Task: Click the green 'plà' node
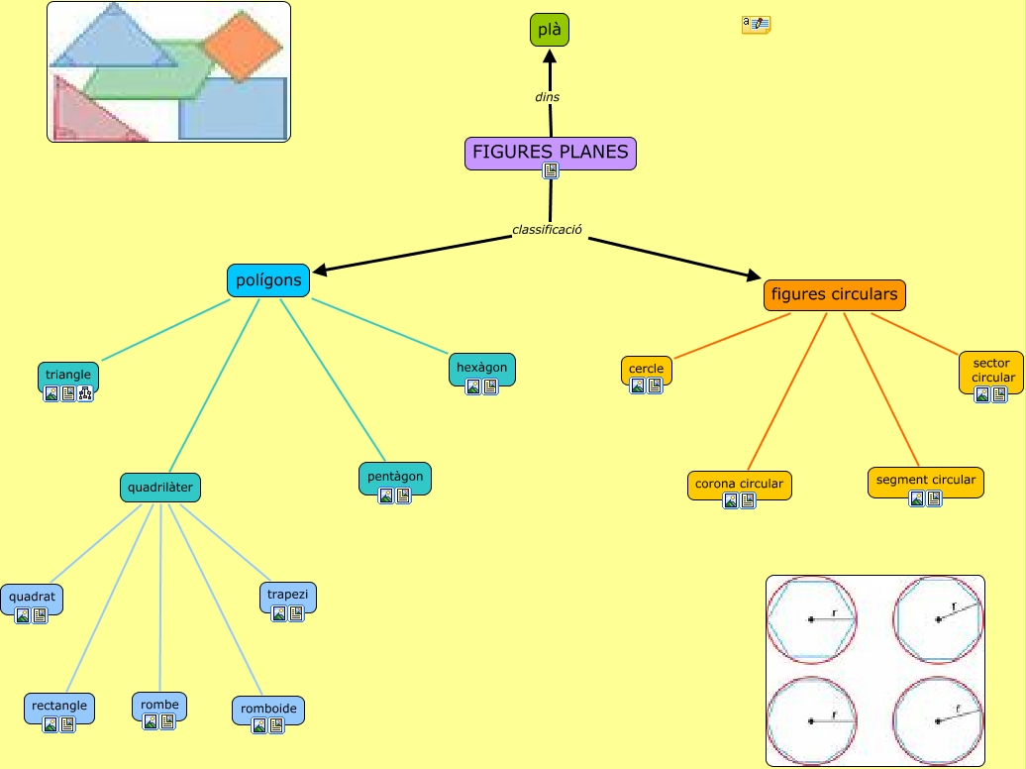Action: [x=550, y=30]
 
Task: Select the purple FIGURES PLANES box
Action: [x=551, y=154]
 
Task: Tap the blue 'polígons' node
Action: [x=268, y=280]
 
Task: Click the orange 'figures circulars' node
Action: [x=834, y=294]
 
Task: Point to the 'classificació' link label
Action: [x=547, y=229]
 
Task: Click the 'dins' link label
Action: [x=547, y=97]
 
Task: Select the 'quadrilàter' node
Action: [x=160, y=488]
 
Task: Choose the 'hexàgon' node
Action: [x=482, y=370]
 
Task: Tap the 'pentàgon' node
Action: [x=395, y=479]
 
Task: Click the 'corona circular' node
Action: [x=740, y=486]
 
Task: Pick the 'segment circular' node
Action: [x=926, y=482]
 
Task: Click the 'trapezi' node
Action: [x=288, y=598]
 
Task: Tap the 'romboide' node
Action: [x=268, y=711]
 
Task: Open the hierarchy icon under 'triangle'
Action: [x=86, y=393]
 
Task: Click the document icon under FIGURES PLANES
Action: [x=551, y=171]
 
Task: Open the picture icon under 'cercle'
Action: [x=638, y=385]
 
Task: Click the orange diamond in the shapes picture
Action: [x=242, y=46]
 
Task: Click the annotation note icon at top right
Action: [x=756, y=25]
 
